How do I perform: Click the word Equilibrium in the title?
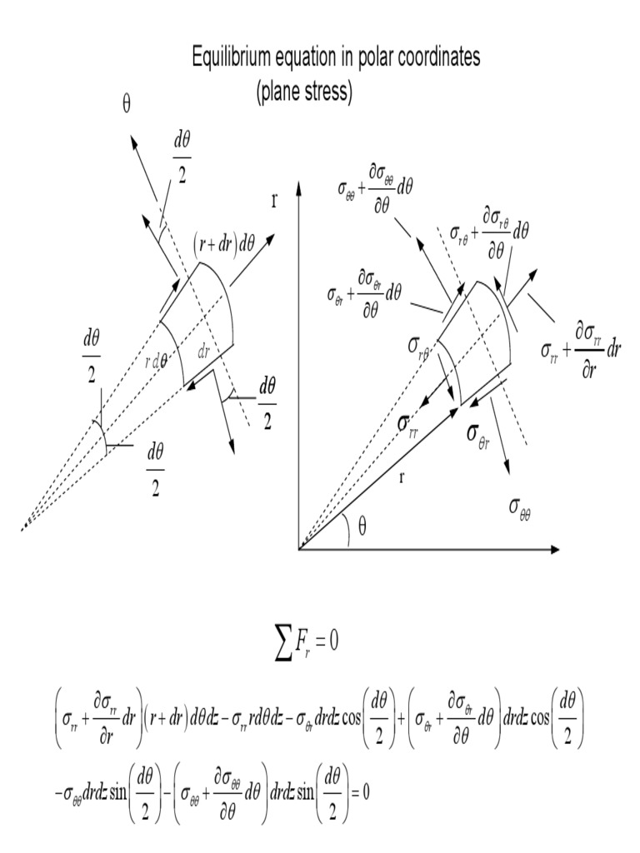click(232, 57)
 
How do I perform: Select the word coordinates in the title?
click(440, 57)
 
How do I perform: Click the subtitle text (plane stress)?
click(304, 91)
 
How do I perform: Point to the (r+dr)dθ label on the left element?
click(224, 244)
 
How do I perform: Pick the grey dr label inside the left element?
click(203, 352)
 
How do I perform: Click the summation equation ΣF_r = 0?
click(307, 643)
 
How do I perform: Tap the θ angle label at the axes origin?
click(362, 526)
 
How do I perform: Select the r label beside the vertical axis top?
click(274, 202)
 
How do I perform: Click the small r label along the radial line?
click(402, 478)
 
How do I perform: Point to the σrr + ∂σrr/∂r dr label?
click(581, 351)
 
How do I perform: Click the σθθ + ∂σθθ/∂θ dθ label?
click(374, 189)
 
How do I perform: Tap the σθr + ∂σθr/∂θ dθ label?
click(364, 294)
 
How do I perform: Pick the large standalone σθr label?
click(478, 435)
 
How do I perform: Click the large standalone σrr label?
click(408, 425)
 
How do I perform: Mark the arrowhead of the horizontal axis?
click(554, 550)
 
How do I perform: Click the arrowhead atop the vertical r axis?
click(298, 187)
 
